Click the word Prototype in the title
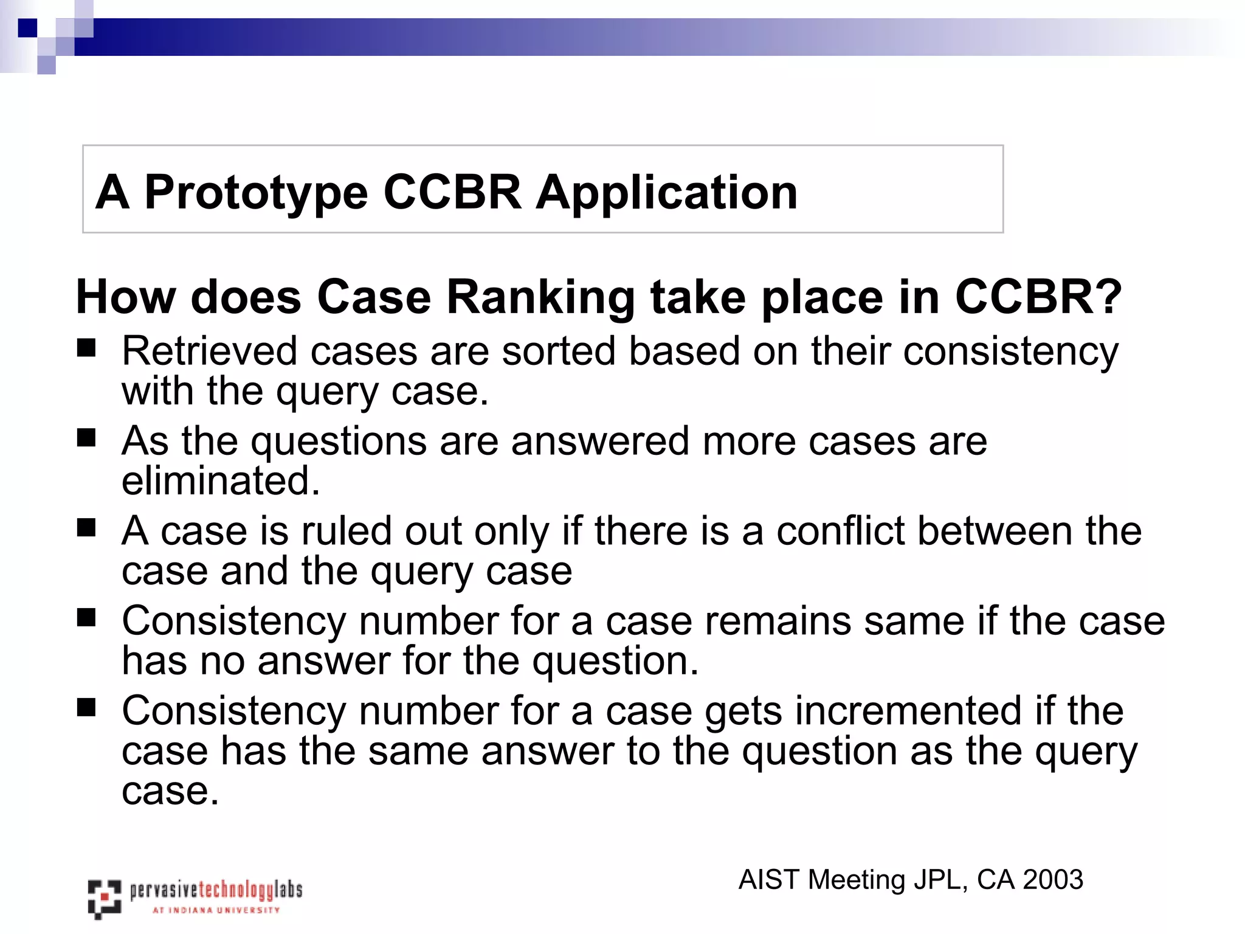tap(256, 193)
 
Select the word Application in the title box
tap(666, 193)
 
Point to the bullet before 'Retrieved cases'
tap(86, 348)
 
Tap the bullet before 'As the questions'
tap(86, 438)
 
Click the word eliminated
tap(220, 481)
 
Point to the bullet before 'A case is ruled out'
tap(86, 528)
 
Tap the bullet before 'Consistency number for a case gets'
tap(86, 708)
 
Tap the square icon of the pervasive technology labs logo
tap(104, 898)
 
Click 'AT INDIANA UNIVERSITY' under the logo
tap(216, 910)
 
